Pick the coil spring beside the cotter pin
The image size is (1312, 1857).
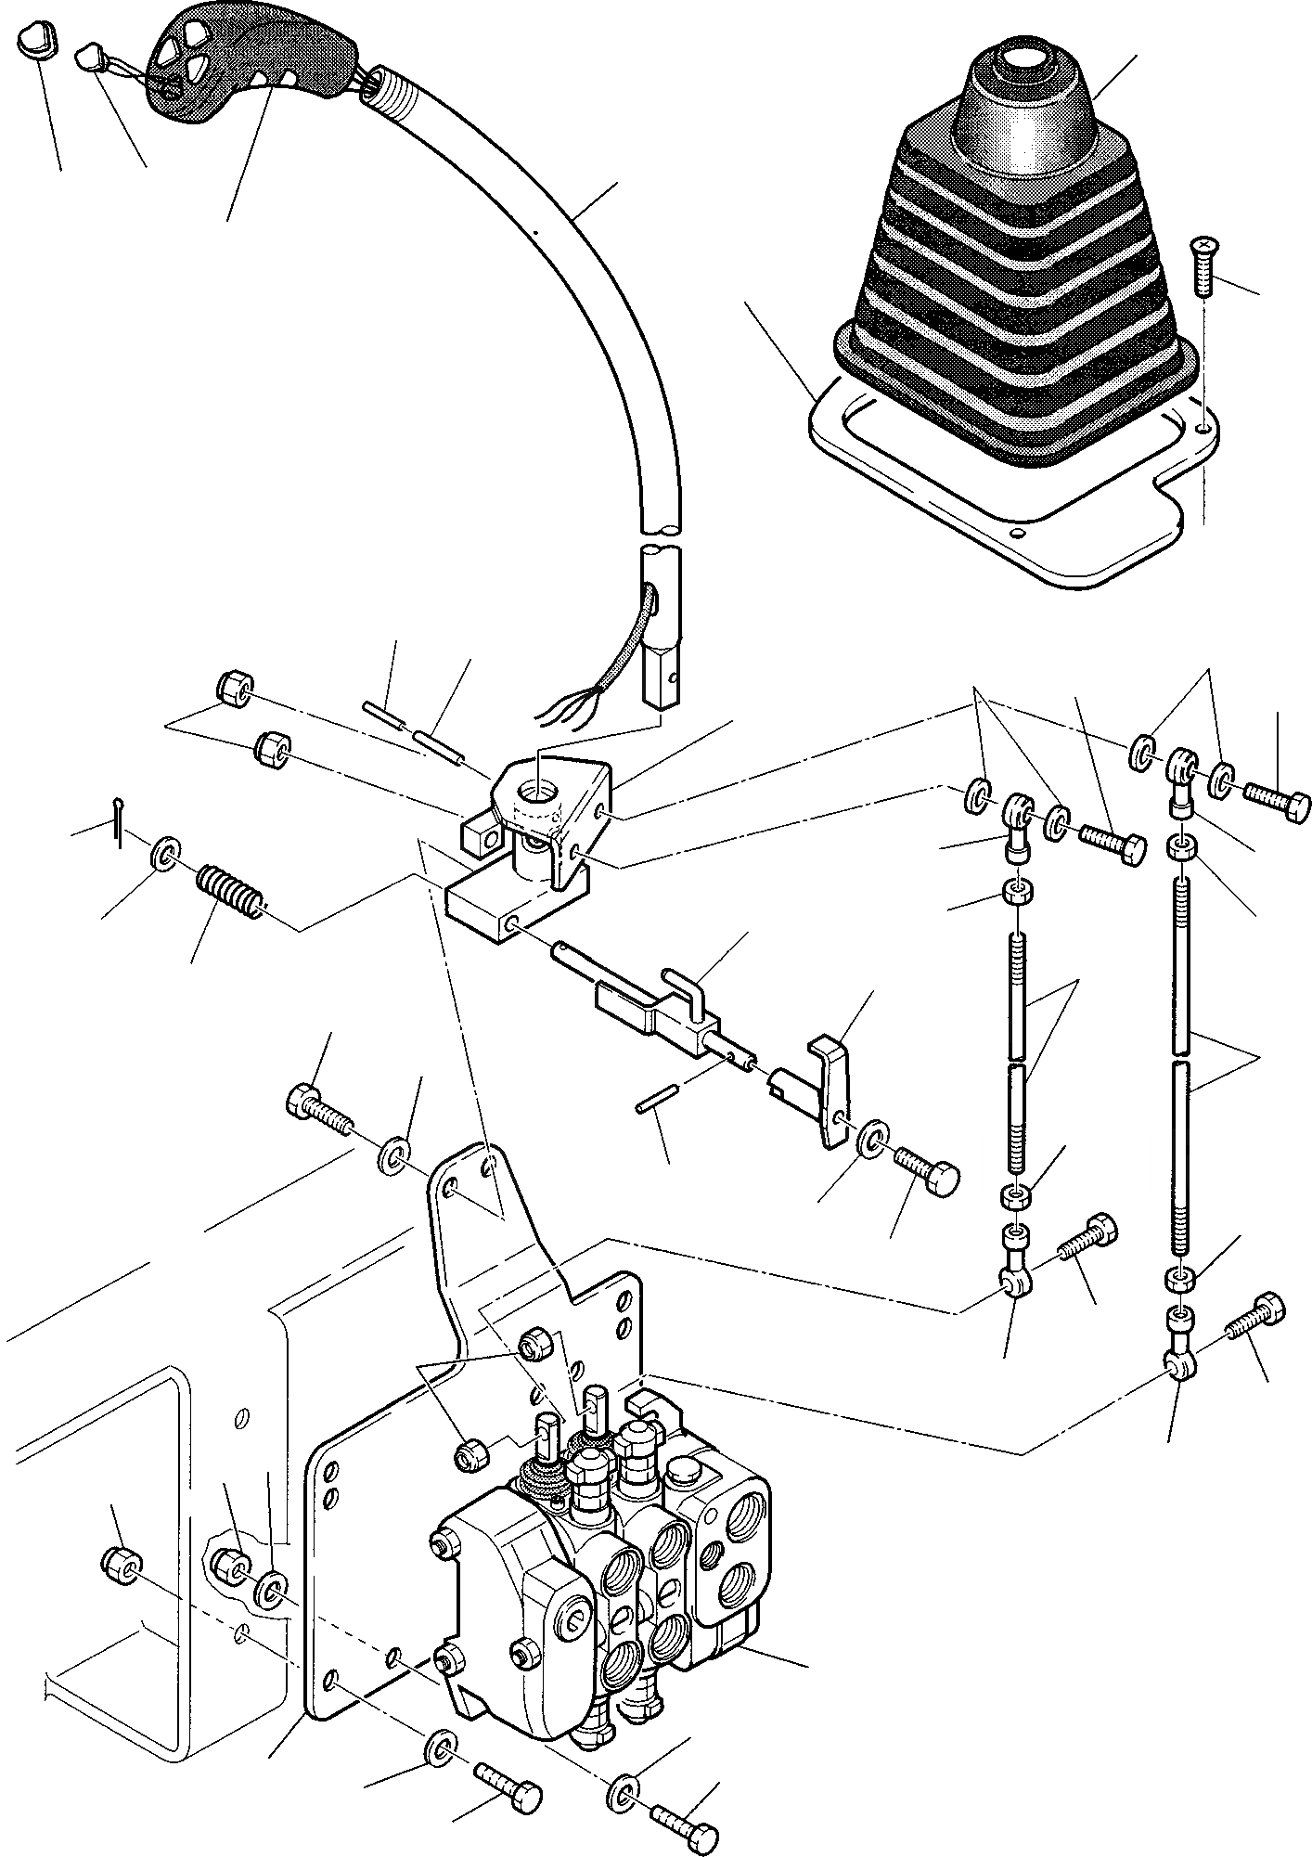point(229,892)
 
